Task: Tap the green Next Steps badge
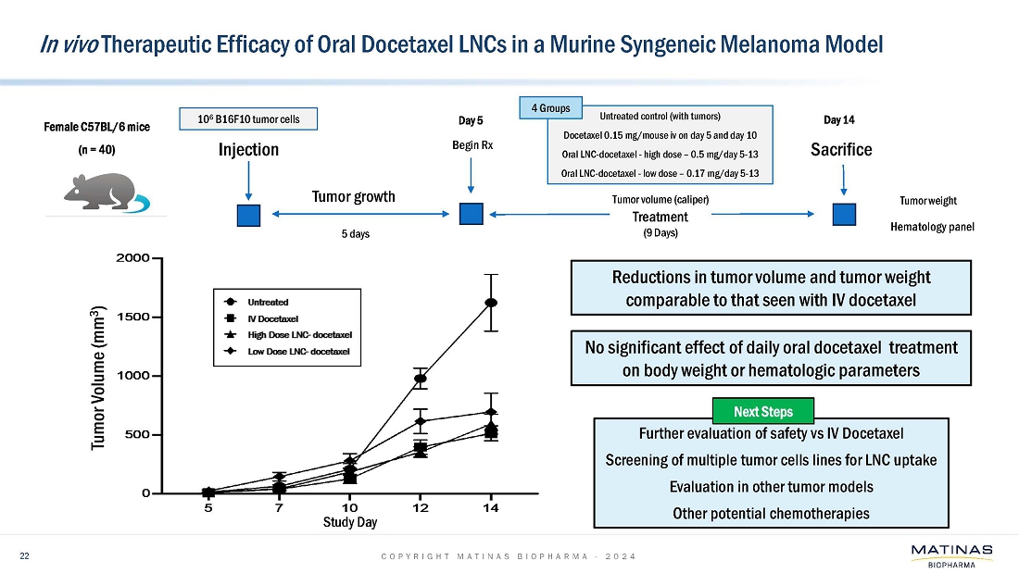pyautogui.click(x=764, y=411)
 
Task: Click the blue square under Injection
pyautogui.click(x=248, y=215)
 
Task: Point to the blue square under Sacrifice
pyautogui.click(x=843, y=214)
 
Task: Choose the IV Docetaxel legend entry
pyautogui.click(x=264, y=318)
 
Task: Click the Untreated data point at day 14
pyautogui.click(x=491, y=303)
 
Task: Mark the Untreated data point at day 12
pyautogui.click(x=421, y=379)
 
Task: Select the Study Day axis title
pyautogui.click(x=349, y=523)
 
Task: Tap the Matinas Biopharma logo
pyautogui.click(x=951, y=555)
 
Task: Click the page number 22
pyautogui.click(x=26, y=555)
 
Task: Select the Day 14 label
pyautogui.click(x=839, y=120)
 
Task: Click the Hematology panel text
pyautogui.click(x=932, y=226)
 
